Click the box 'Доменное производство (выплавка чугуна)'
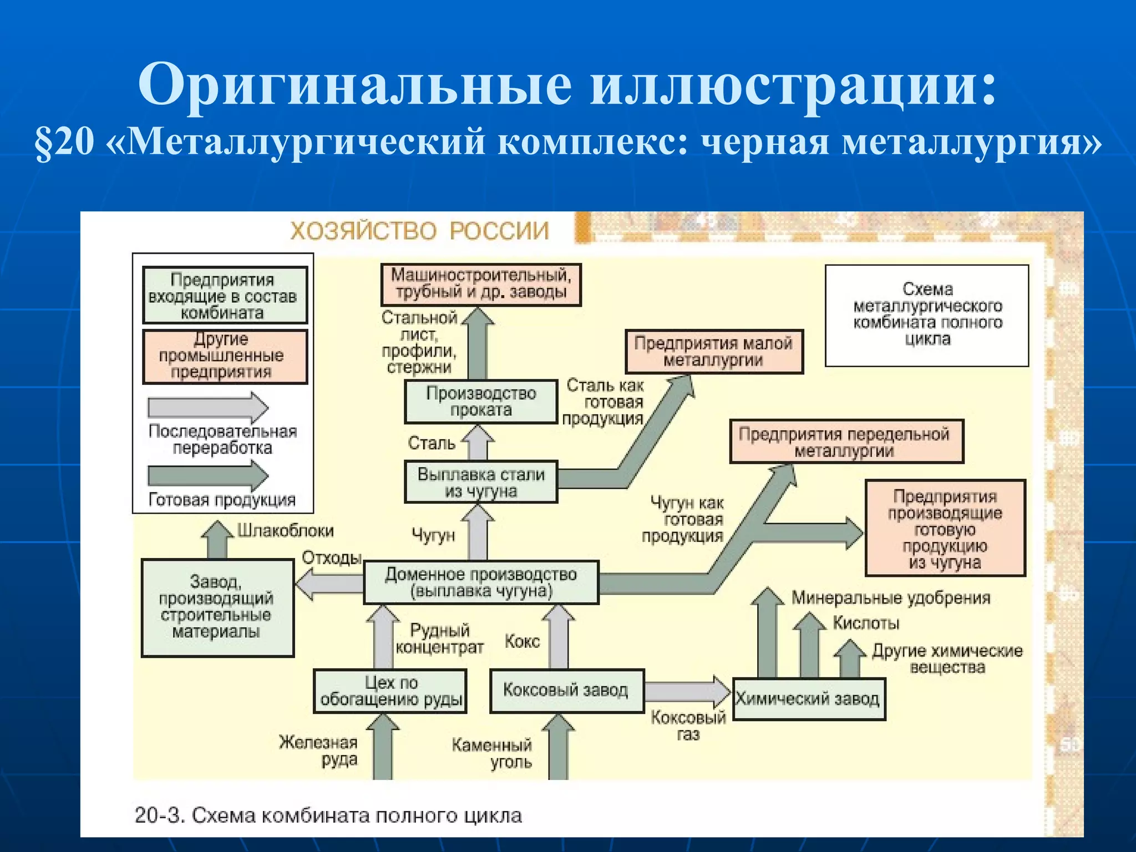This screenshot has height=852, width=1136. coord(481,582)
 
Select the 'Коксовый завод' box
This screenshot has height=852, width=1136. coord(566,691)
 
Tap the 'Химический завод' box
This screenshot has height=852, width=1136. coord(808,699)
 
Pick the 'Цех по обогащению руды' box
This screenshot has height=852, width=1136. coord(390,691)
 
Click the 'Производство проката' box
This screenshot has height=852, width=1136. coord(481,402)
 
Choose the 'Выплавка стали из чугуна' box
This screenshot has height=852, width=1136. coord(481,482)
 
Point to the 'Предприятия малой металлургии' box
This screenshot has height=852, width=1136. coord(714,352)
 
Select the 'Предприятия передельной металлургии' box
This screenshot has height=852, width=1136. coord(846,442)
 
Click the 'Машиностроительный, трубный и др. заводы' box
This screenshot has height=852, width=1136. coord(481,284)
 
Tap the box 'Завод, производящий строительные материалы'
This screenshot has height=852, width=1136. coord(217,608)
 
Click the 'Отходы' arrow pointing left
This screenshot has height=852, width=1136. coord(329,585)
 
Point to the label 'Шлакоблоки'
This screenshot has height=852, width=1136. coord(286,531)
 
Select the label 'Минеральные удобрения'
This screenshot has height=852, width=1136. coord(890,598)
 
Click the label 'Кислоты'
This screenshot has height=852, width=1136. coord(866,623)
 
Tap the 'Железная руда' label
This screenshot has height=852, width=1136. coord(318,750)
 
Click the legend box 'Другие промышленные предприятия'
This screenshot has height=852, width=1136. coord(225,356)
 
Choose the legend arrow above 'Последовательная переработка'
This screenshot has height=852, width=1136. coord(208,408)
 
